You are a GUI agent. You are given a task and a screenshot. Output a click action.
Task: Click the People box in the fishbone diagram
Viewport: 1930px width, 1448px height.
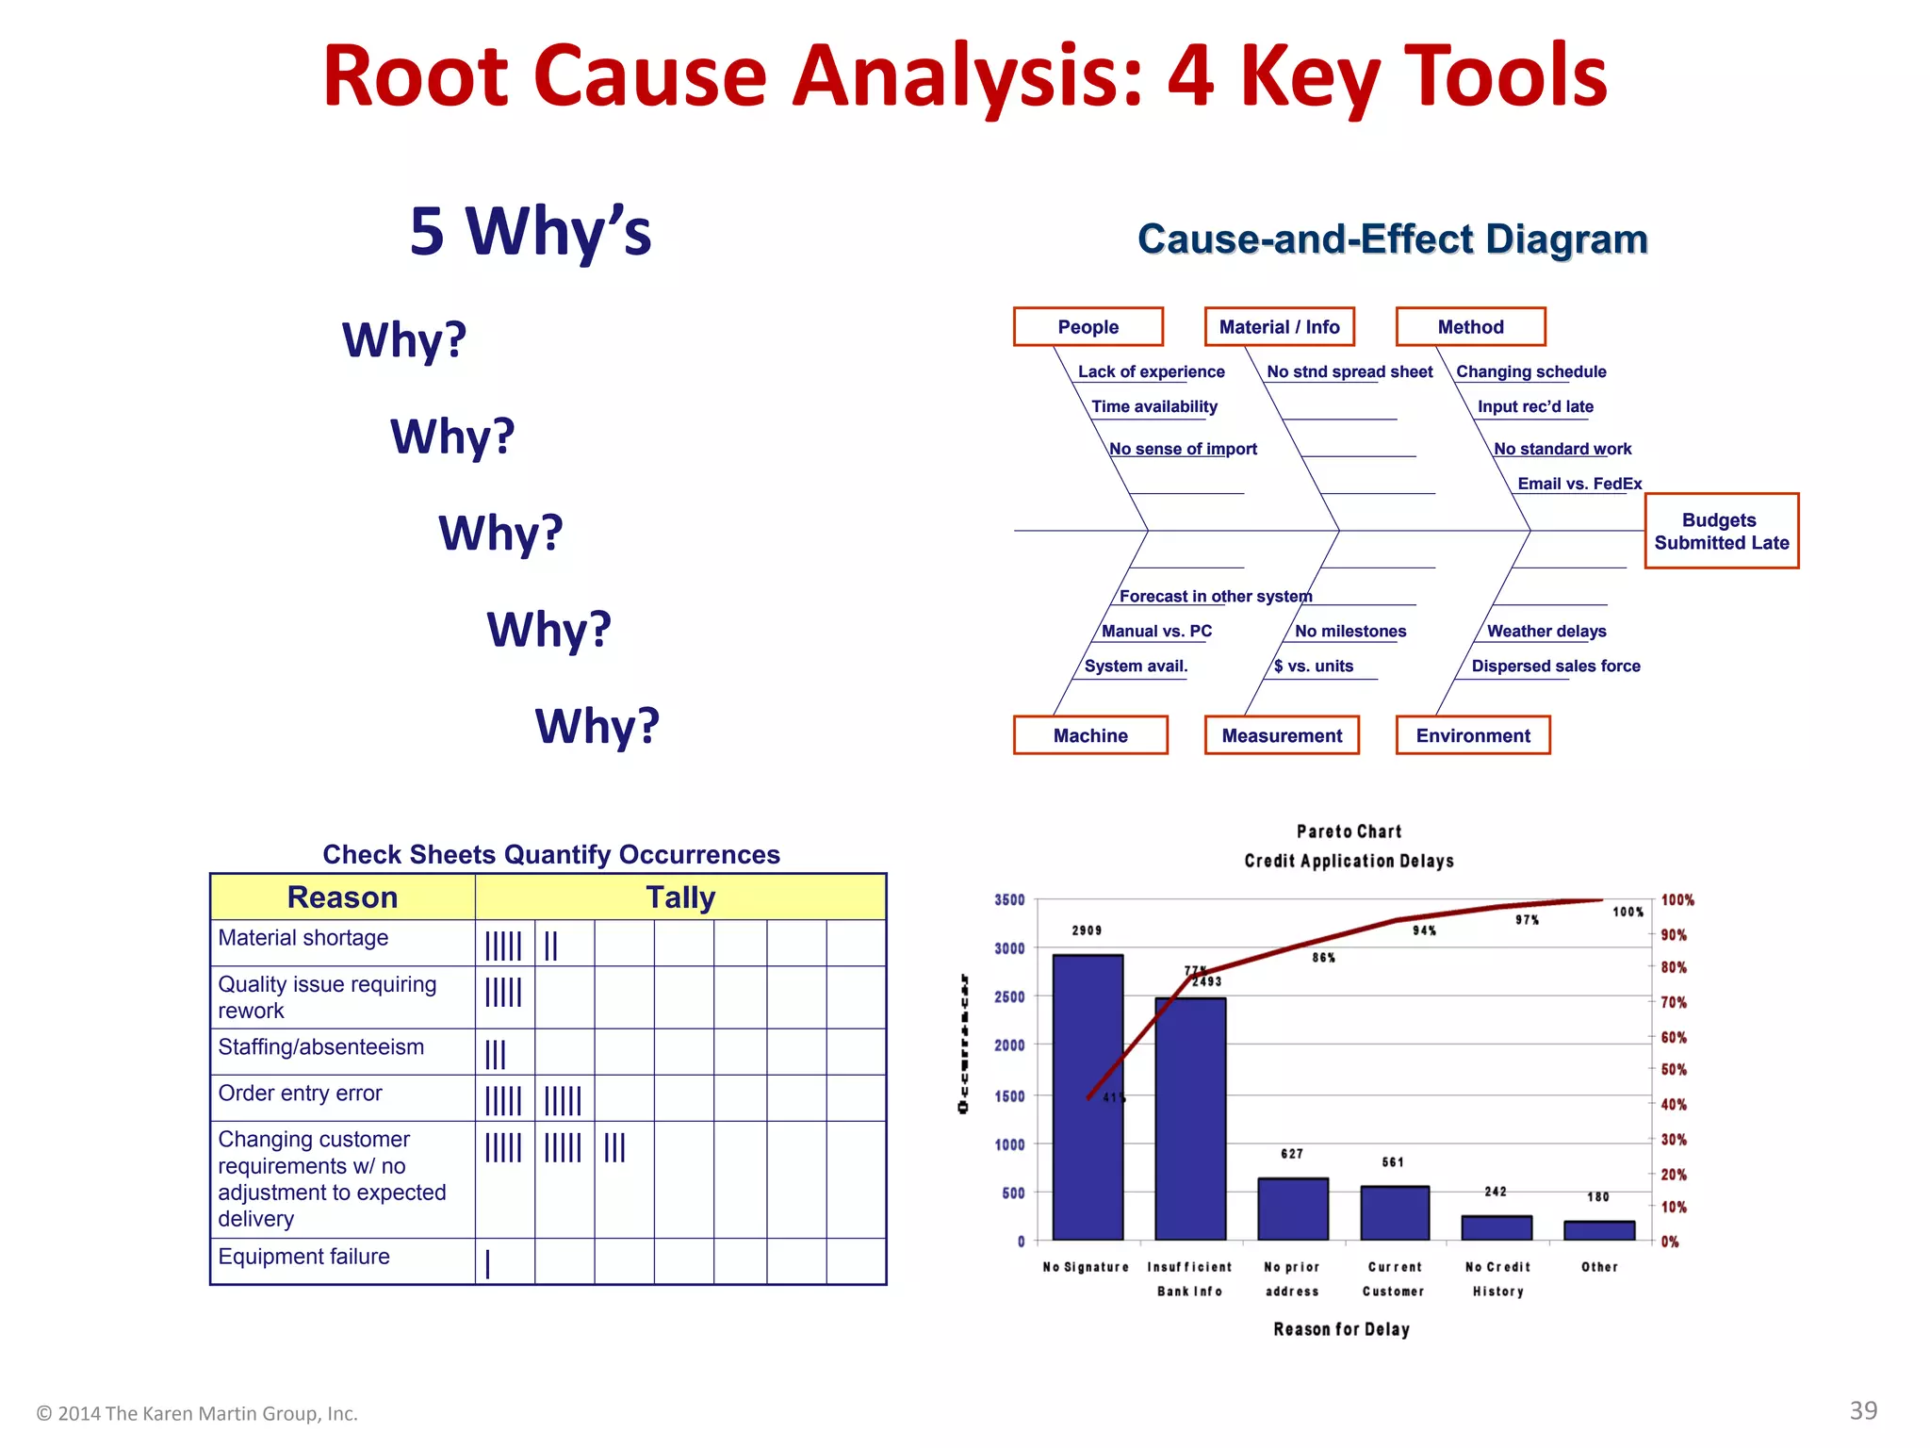[1088, 327]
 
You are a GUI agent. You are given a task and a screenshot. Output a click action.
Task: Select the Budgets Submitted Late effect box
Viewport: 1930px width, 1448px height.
[1721, 531]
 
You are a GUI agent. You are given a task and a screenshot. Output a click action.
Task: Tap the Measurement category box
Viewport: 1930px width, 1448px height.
[1282, 735]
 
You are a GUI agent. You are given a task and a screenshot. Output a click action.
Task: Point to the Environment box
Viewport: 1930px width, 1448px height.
[1473, 735]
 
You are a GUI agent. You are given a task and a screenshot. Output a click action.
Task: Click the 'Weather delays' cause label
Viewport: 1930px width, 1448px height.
[1546, 632]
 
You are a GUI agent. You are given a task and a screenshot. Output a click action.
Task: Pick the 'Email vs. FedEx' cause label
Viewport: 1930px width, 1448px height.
[1579, 484]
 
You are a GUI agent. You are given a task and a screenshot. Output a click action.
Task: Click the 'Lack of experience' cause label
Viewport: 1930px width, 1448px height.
[1151, 371]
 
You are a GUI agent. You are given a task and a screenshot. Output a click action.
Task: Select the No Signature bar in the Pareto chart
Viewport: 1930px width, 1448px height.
[1088, 1097]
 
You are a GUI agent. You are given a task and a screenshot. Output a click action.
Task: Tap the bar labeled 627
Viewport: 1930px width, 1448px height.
[1293, 1209]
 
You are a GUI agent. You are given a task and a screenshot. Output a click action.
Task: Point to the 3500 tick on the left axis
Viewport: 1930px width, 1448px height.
[1009, 900]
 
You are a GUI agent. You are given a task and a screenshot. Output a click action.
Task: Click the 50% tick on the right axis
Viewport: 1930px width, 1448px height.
[1674, 1070]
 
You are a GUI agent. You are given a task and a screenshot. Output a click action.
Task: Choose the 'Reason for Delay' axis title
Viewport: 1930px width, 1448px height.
[1341, 1329]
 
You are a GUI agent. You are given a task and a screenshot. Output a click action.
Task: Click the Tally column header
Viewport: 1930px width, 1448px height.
[680, 897]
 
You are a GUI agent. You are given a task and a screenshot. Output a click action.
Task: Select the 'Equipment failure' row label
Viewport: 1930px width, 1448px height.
[303, 1257]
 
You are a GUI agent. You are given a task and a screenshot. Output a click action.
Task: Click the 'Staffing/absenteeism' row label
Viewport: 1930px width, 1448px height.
[321, 1047]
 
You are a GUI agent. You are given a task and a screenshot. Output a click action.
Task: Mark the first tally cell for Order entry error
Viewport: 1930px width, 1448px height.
[504, 1099]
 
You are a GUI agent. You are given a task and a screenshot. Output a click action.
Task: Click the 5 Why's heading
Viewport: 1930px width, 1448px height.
[531, 231]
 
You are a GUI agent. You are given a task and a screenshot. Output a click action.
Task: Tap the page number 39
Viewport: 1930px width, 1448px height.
[1863, 1410]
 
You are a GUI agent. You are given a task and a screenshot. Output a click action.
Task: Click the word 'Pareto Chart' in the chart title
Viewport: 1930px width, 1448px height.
[1349, 831]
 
